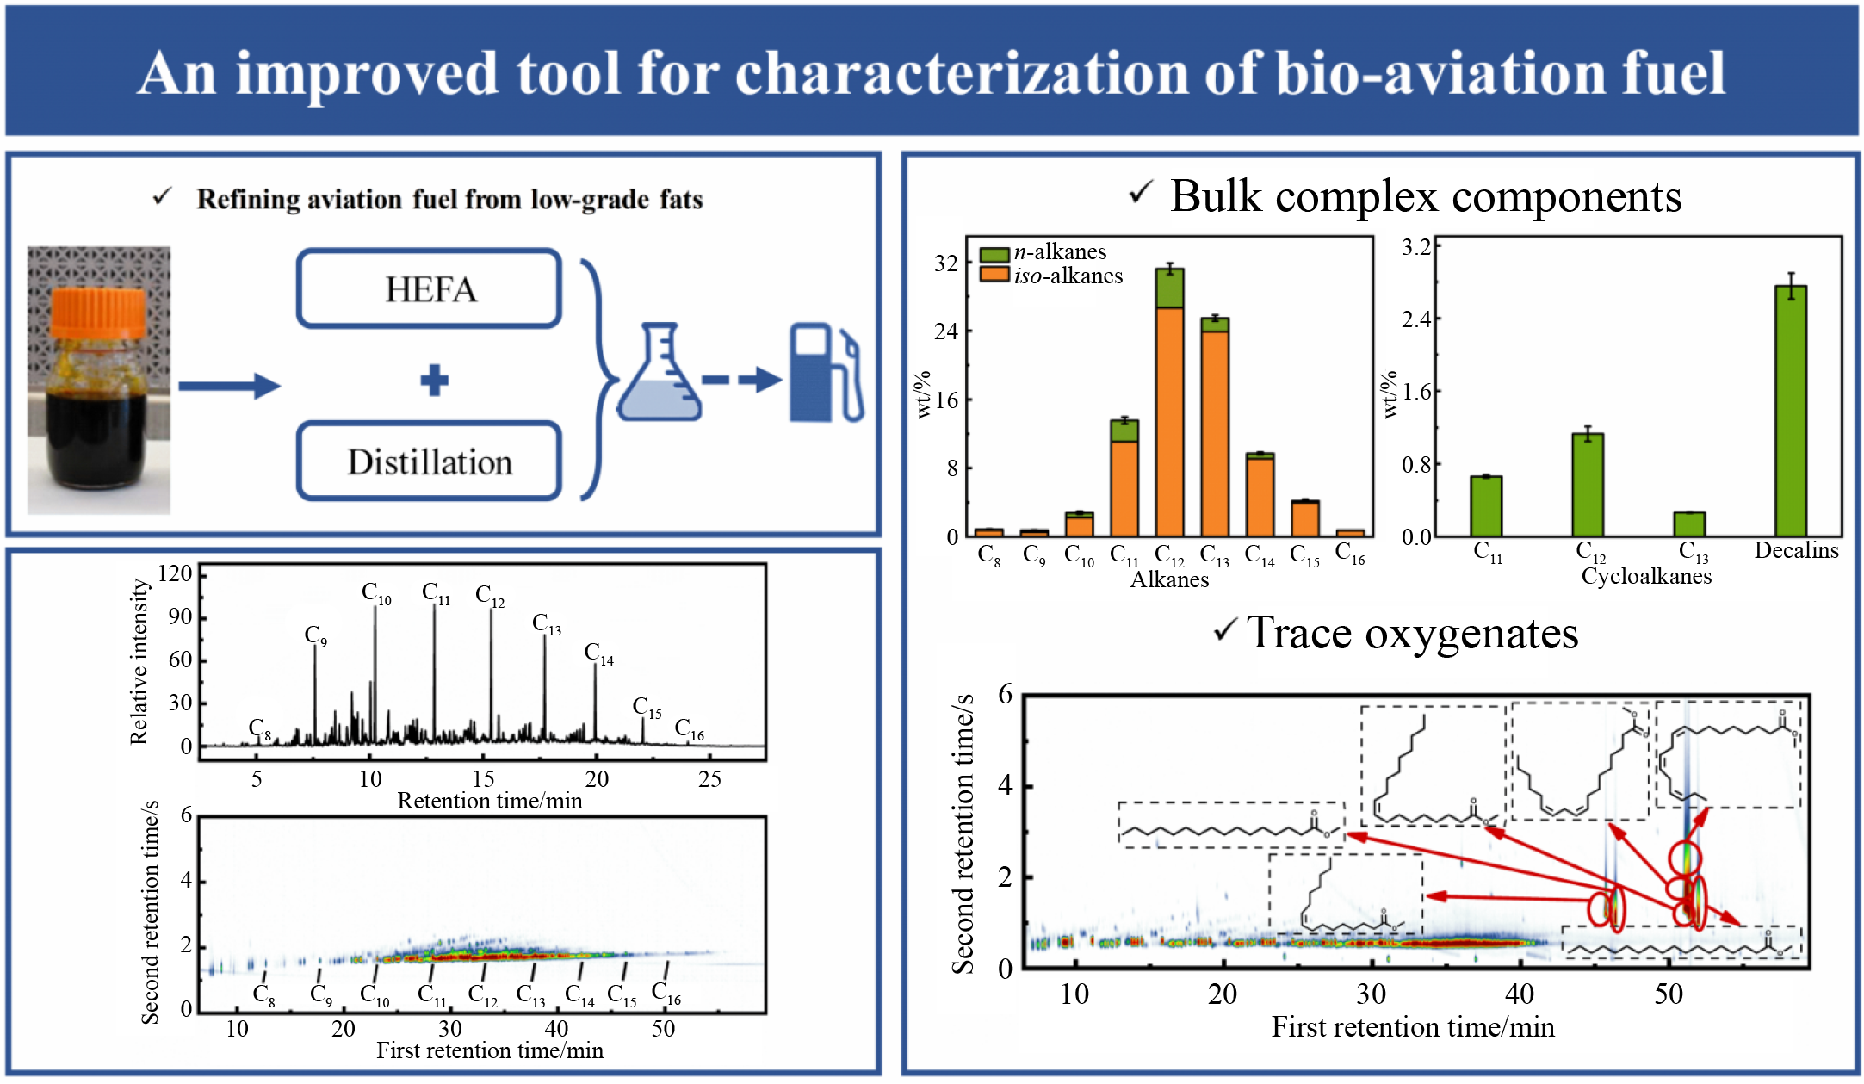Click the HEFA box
pos(430,289)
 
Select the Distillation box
pos(430,461)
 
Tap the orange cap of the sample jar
pos(98,313)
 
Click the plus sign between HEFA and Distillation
pos(435,380)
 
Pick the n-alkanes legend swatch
pos(994,255)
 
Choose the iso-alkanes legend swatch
pos(994,275)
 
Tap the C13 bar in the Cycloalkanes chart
pos(1689,523)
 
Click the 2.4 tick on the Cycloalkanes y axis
pos(1415,319)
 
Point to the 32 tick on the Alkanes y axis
pos(946,263)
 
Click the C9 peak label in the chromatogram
pos(315,636)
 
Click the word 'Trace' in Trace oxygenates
pos(1299,634)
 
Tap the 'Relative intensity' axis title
pos(139,661)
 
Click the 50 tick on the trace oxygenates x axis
pos(1668,994)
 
